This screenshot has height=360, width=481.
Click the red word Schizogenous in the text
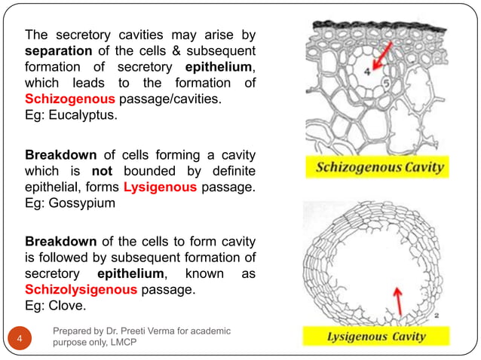click(70, 99)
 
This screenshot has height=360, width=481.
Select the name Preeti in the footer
click(150, 331)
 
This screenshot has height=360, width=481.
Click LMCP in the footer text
click(152, 343)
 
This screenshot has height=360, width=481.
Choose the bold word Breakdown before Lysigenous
click(60, 155)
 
